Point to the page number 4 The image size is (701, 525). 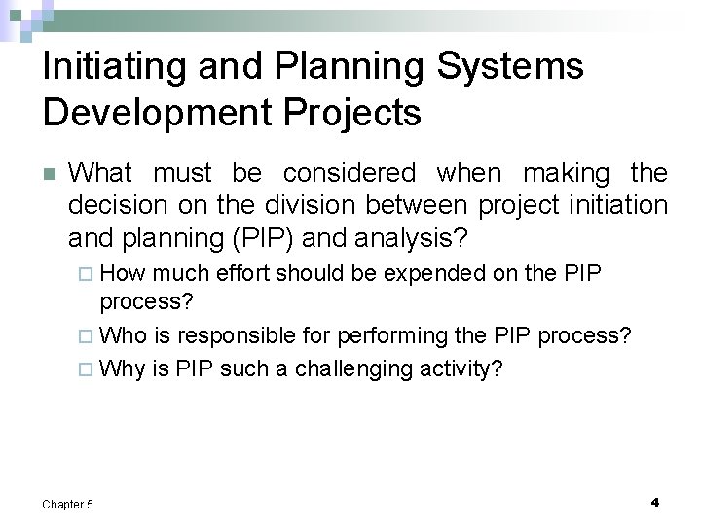click(x=654, y=502)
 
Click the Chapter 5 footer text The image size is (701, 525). click(x=68, y=504)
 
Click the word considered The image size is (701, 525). click(x=350, y=174)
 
